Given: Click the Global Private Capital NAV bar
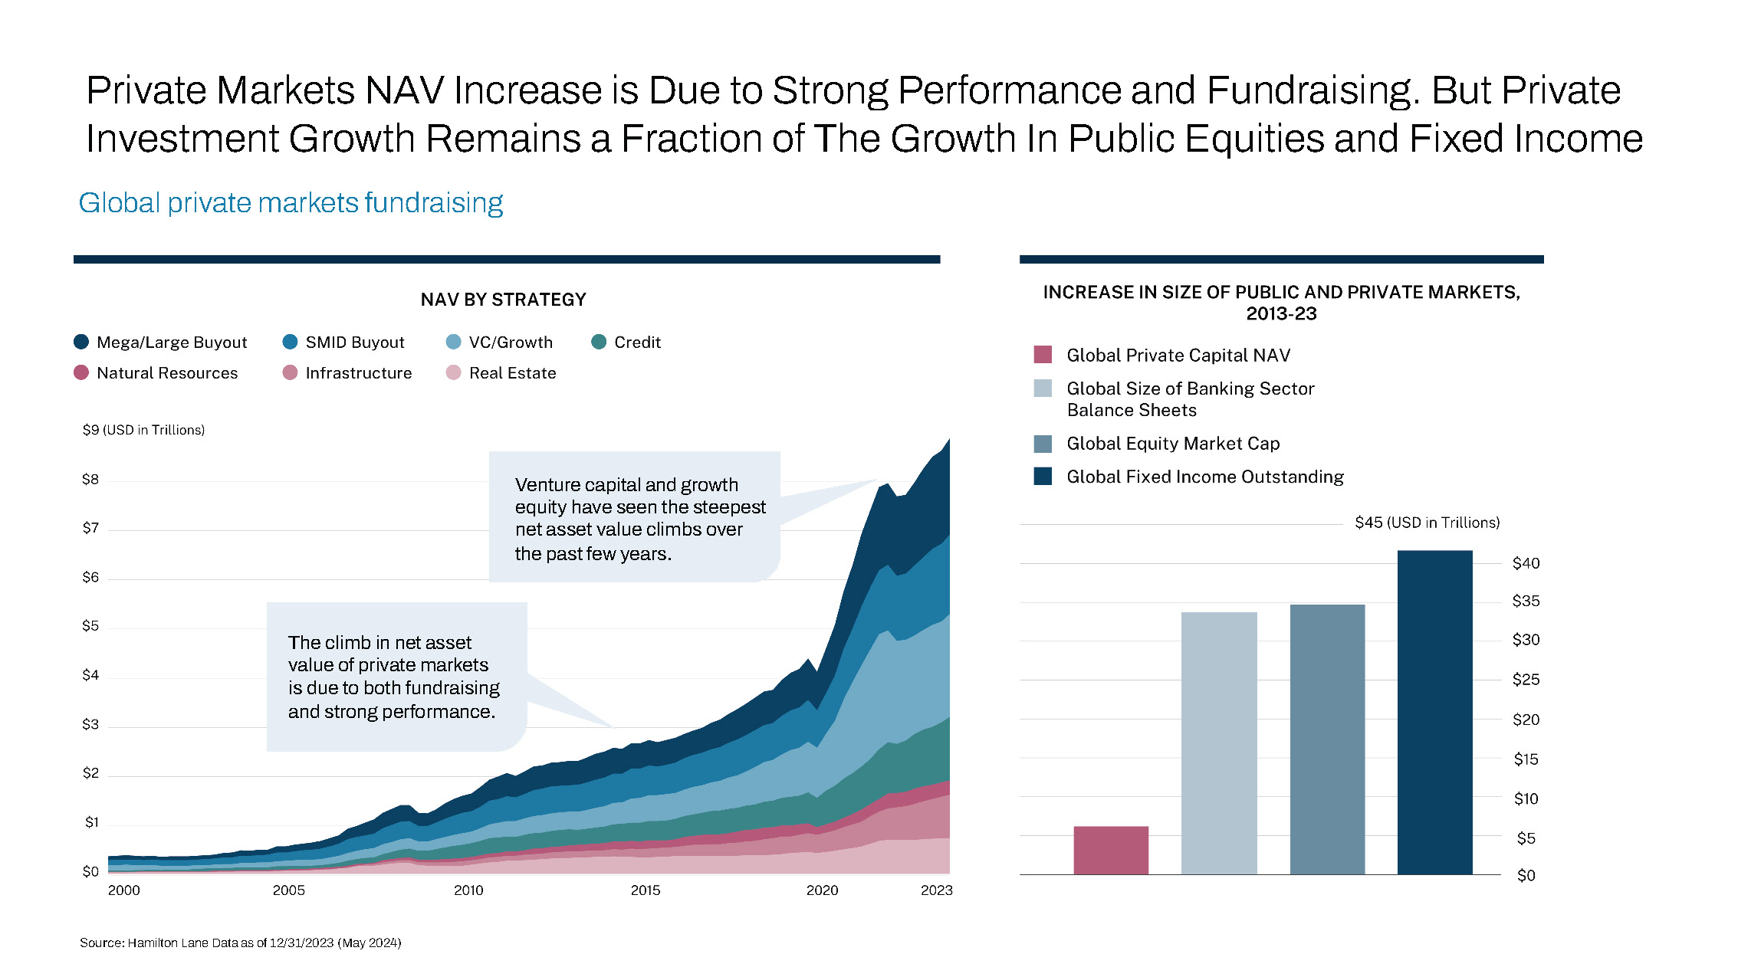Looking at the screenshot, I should pyautogui.click(x=1111, y=850).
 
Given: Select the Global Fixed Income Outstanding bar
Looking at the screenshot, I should pyautogui.click(x=1434, y=713).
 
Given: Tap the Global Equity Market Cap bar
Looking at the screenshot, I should pyautogui.click(x=1327, y=739).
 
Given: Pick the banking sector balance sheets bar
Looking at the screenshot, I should pyautogui.click(x=1219, y=743).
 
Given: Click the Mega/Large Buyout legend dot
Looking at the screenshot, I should pyautogui.click(x=81, y=342).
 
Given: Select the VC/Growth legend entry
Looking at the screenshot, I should pyautogui.click(x=510, y=343).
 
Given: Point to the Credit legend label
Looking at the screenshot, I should pyautogui.click(x=637, y=343).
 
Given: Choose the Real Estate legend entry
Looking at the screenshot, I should pyautogui.click(x=512, y=373).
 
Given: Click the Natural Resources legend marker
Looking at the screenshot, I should pyautogui.click(x=81, y=373).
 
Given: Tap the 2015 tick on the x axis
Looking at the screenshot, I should pyautogui.click(x=646, y=890).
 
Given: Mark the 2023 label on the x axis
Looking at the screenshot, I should pyautogui.click(x=936, y=890).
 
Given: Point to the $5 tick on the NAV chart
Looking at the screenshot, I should pyautogui.click(x=90, y=626).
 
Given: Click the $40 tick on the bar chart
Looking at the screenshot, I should pyautogui.click(x=1526, y=563).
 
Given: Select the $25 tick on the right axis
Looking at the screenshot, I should pyautogui.click(x=1526, y=680).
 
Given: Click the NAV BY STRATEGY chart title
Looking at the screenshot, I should pyautogui.click(x=503, y=300).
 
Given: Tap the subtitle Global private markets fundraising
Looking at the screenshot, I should pyautogui.click(x=291, y=203).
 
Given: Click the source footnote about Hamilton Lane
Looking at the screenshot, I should pyautogui.click(x=241, y=943).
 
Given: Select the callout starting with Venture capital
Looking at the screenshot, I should pyautogui.click(x=635, y=518).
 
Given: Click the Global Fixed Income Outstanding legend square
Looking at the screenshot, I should pyautogui.click(x=1043, y=477).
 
